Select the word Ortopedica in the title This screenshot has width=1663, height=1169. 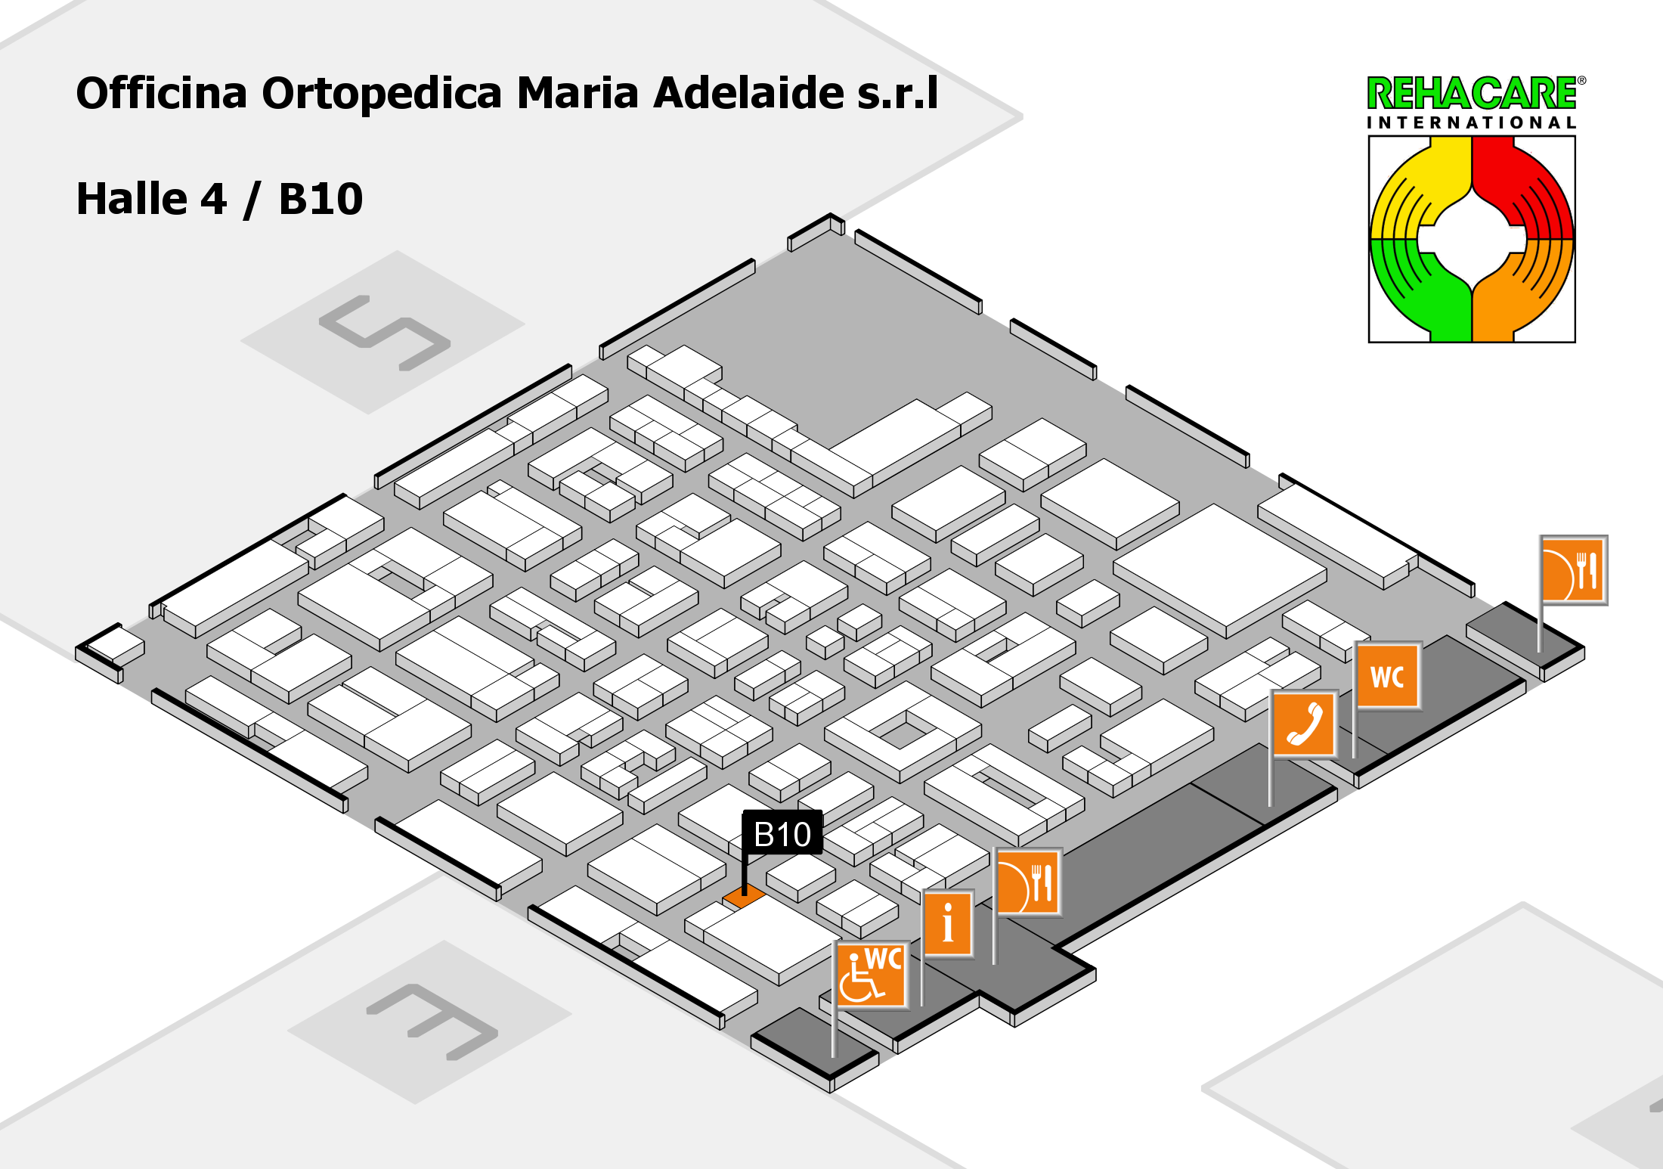[382, 94]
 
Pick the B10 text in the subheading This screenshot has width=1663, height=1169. [321, 199]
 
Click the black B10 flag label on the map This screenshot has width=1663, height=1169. [782, 833]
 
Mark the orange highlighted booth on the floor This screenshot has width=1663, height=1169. [745, 897]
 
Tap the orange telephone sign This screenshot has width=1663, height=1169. [1305, 724]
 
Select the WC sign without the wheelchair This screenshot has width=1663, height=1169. [1389, 675]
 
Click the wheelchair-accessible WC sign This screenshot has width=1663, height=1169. [872, 975]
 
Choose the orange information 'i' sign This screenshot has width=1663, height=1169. [948, 923]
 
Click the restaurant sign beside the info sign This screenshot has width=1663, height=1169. [1029, 882]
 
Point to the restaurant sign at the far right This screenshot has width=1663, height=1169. [1574, 570]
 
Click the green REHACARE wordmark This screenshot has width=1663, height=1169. [1473, 94]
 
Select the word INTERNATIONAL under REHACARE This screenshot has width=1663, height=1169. [1471, 122]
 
